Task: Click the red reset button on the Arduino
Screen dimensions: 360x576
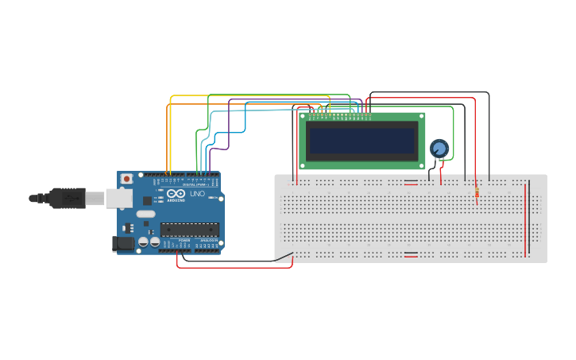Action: [126, 180]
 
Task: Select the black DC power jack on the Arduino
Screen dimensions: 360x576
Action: [122, 243]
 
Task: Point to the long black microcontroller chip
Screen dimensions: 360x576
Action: [188, 230]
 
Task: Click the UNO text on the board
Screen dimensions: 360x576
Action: [197, 194]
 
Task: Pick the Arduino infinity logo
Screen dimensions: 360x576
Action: [176, 194]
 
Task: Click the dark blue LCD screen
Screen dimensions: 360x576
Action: [362, 141]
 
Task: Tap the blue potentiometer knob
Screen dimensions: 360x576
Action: [439, 148]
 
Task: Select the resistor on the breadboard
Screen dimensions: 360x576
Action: [476, 193]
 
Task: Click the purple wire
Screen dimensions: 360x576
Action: [229, 127]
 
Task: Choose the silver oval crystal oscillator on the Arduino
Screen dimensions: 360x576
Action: [146, 214]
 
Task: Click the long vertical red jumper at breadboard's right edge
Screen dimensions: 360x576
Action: [525, 219]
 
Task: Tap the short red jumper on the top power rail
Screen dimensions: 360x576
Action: [411, 183]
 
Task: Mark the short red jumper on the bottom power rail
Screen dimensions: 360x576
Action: [411, 254]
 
